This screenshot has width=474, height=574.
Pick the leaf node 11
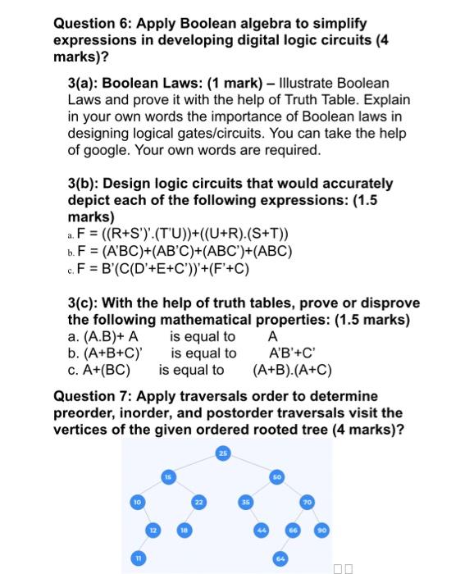(139, 558)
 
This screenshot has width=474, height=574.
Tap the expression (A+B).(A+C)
(293, 370)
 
